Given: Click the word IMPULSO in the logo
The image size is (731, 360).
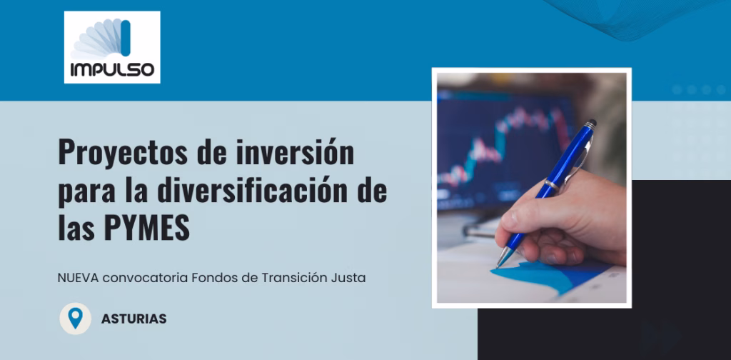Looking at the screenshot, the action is [x=112, y=69].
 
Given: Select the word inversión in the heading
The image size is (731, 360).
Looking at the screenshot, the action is [x=295, y=151].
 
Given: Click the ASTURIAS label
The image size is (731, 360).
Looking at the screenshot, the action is [x=133, y=319].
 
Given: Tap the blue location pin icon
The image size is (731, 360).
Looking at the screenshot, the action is [x=75, y=318].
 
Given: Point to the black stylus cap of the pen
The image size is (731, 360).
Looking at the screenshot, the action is [x=590, y=124].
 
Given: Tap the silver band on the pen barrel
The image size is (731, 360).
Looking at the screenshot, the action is [x=552, y=185].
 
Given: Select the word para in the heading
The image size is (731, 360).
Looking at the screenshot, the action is [x=83, y=191].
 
